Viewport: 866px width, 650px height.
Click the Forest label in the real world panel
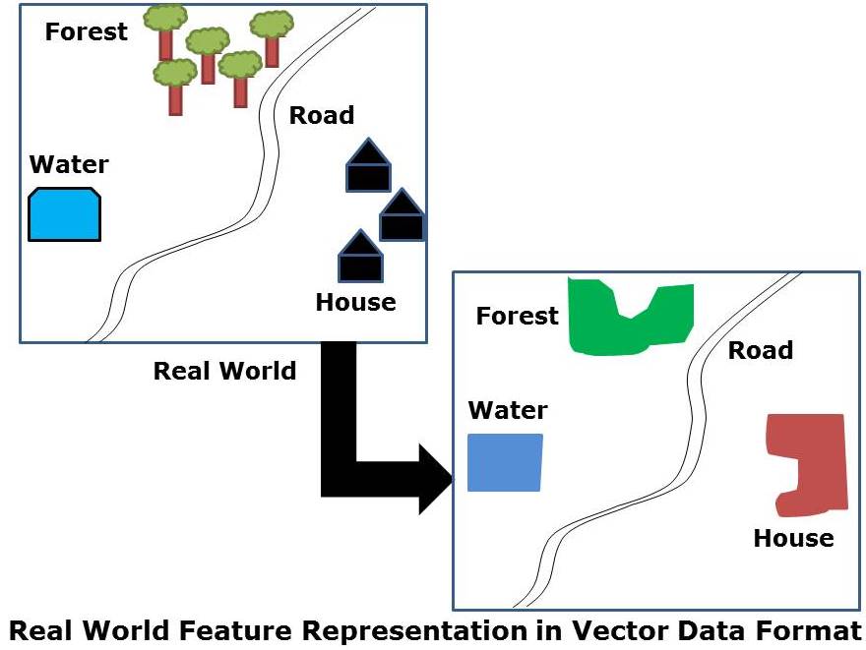(x=87, y=31)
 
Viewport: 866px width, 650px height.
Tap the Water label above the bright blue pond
(x=69, y=164)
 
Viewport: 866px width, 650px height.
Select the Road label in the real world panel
(x=321, y=116)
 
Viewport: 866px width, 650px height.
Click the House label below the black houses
(x=355, y=302)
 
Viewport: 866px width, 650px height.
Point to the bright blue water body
(x=65, y=214)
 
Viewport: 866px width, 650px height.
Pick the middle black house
(x=402, y=217)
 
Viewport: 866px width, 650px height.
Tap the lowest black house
(x=360, y=258)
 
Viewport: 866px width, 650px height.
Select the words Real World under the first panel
(x=224, y=371)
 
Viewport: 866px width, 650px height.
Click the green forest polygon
(x=630, y=317)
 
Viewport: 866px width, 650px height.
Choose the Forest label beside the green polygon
(x=517, y=316)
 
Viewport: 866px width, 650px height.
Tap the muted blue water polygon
(x=505, y=462)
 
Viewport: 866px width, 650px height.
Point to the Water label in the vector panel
(x=508, y=409)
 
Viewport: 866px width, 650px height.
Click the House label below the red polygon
(x=793, y=538)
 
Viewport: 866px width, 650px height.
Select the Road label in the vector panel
(x=760, y=350)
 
